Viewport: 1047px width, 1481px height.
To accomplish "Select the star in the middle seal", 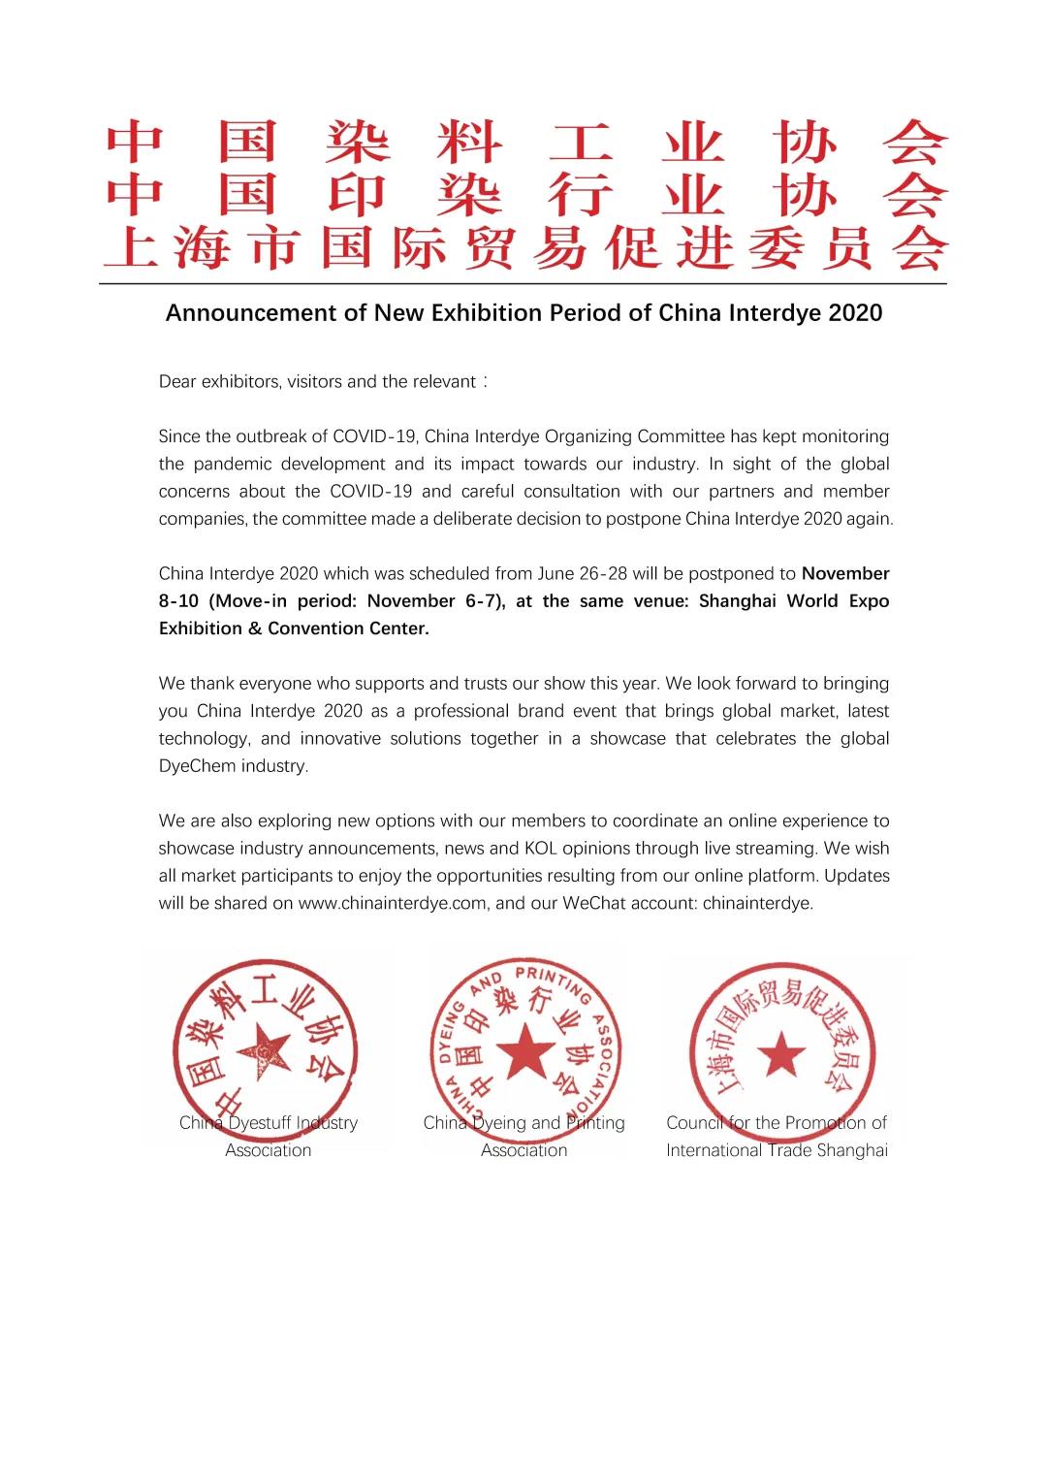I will tap(524, 1048).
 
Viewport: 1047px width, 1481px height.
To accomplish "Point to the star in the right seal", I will tap(779, 1054).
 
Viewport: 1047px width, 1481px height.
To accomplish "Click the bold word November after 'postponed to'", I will tap(845, 573).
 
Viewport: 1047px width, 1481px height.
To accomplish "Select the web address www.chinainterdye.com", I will tap(393, 903).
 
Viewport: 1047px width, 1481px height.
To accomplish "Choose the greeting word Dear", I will tap(177, 381).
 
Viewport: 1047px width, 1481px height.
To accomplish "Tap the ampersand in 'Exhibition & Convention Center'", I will tap(254, 628).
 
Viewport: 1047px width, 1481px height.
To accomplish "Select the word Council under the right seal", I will tap(694, 1123).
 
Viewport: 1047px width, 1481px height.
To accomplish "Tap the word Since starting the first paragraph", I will tap(180, 436).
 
